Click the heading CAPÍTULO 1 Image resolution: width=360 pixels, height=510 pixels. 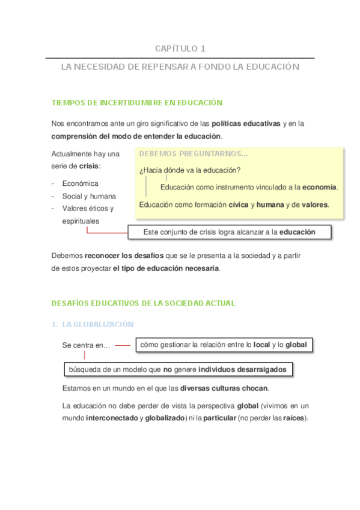[180, 48]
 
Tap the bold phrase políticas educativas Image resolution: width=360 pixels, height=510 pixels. [246, 123]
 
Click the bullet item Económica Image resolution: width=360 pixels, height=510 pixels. [80, 183]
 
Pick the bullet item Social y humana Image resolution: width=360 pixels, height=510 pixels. [89, 196]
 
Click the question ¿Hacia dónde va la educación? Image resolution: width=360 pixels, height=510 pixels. [190, 170]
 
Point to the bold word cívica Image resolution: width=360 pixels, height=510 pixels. [239, 205]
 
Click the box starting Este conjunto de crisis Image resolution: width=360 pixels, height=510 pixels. [229, 232]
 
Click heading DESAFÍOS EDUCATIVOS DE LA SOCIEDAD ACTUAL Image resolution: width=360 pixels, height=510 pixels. [143, 303]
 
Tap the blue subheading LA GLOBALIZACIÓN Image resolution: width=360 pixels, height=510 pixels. [98, 324]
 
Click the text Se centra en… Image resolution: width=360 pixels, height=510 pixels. [86, 346]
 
